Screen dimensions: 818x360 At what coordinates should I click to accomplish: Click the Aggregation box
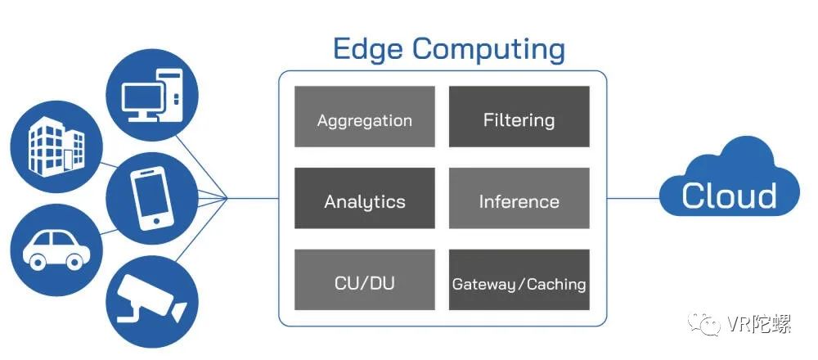pos(365,116)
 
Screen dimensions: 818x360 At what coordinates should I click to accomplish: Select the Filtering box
pos(519,116)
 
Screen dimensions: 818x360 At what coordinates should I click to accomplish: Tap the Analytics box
pos(365,198)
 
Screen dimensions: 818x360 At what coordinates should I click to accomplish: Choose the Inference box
pos(519,198)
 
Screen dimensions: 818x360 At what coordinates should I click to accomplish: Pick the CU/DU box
pos(365,280)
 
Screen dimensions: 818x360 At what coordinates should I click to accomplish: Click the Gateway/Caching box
pos(519,280)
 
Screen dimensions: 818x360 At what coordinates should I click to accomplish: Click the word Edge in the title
pos(368,51)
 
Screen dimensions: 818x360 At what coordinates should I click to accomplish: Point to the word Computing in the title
pos(489,51)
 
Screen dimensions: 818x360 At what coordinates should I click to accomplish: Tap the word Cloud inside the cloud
pos(729,196)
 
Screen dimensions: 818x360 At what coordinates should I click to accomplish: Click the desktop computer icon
pos(152,95)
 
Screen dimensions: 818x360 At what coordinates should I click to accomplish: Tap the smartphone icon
pos(152,199)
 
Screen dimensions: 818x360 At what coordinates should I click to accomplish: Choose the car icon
pos(56,250)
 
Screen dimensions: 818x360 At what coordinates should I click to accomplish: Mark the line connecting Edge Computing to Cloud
pos(634,198)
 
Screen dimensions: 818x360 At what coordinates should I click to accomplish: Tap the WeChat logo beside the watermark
pos(705,324)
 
